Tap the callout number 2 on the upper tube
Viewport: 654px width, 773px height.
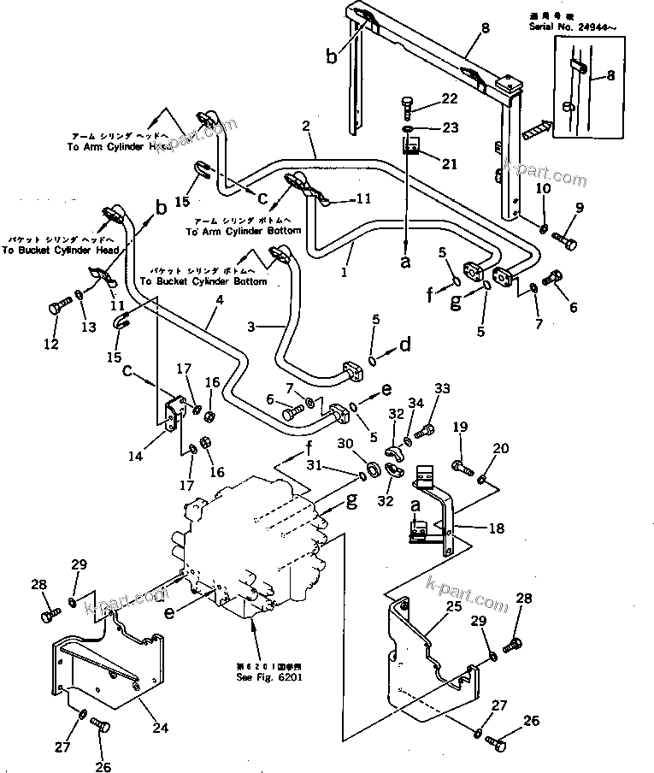click(304, 127)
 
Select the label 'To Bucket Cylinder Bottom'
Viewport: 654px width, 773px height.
click(203, 280)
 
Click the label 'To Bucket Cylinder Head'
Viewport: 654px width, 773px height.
click(60, 251)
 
